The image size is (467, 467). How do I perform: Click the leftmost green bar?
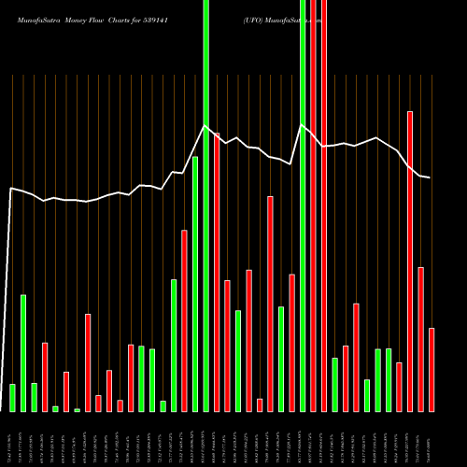(12, 397)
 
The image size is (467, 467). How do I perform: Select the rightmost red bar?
(432, 370)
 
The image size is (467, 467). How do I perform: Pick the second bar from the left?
(23, 353)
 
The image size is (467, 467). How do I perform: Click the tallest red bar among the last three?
(410, 262)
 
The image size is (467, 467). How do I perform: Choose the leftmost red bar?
(45, 377)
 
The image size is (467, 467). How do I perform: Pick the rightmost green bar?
(389, 380)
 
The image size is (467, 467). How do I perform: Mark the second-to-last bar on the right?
(421, 339)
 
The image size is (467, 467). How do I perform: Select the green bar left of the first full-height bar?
(195, 284)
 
